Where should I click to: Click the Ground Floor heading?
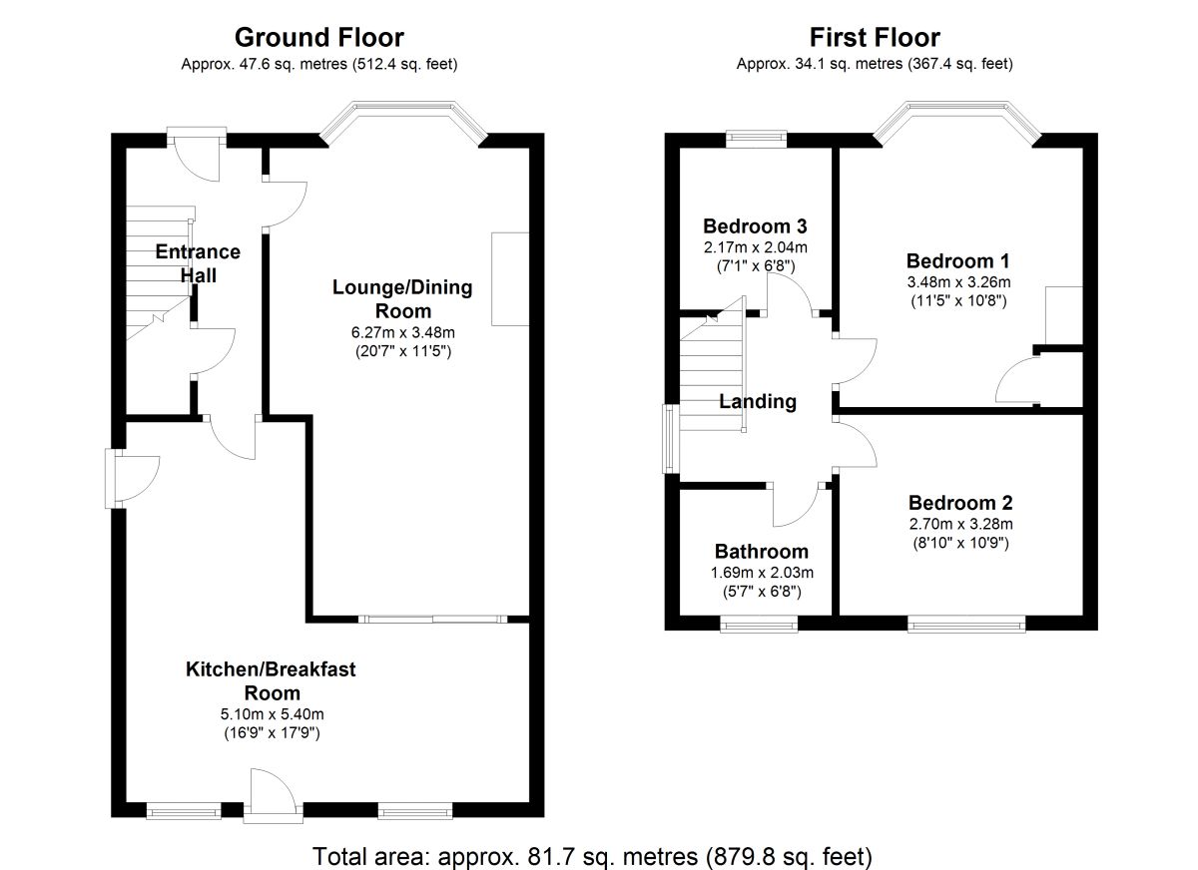[318, 38]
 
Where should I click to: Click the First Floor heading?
[875, 38]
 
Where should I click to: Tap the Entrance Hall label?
[198, 263]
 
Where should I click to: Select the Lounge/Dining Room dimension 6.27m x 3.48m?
[403, 332]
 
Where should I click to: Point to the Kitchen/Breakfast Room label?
[271, 680]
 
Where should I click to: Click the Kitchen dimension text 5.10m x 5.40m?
[271, 714]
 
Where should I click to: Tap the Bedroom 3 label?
[755, 225]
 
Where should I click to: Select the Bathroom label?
[761, 552]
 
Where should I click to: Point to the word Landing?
[759, 402]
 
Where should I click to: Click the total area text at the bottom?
[593, 856]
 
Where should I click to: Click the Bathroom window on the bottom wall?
[759, 626]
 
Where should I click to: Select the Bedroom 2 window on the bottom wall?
[966, 626]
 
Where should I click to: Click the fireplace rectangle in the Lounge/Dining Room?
[510, 279]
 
